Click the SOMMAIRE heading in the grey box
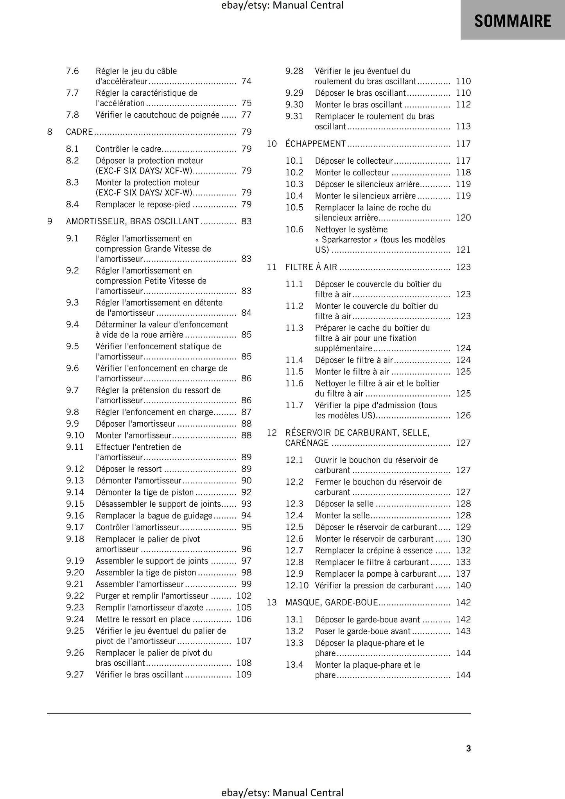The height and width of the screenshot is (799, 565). [x=513, y=21]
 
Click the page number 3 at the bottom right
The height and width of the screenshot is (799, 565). [x=468, y=748]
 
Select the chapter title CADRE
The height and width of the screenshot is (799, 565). [x=79, y=132]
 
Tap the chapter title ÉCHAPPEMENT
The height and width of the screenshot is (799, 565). [x=316, y=143]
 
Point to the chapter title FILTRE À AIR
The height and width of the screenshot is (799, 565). [x=311, y=267]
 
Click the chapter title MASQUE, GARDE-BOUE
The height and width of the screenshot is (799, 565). [x=332, y=602]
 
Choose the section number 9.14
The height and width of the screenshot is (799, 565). [x=75, y=492]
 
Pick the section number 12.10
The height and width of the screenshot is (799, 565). [x=297, y=585]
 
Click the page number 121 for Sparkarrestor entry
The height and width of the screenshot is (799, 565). [x=463, y=250]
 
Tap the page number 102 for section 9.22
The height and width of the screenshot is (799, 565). [x=244, y=595]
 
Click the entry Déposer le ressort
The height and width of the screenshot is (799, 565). [x=129, y=468]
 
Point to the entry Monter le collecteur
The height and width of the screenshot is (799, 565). [x=352, y=172]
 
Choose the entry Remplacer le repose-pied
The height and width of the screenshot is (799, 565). [x=143, y=204]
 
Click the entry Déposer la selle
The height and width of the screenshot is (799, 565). [x=344, y=504]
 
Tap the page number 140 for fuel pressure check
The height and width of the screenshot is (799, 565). [x=463, y=585]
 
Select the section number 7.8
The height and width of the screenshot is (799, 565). [x=72, y=114]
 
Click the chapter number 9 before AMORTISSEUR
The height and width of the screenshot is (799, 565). [x=50, y=221]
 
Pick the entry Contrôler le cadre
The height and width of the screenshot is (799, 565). [x=128, y=149]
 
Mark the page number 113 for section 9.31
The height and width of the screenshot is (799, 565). [x=463, y=126]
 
